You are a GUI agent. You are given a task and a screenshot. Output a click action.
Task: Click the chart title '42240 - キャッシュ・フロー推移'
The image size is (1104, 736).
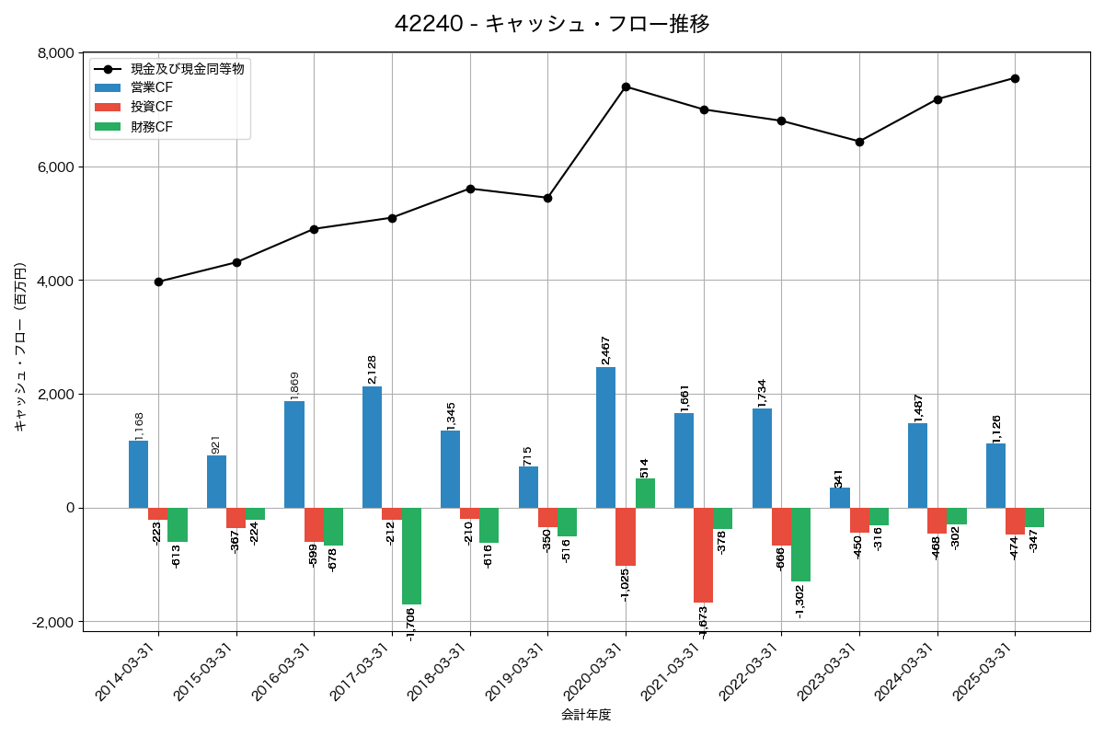tap(552, 24)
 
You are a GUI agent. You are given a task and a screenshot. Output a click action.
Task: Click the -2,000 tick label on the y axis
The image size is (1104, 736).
tap(52, 622)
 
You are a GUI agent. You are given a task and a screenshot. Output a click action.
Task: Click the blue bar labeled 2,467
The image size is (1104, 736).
tap(606, 437)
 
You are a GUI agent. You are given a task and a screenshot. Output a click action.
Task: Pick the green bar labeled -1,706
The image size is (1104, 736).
tap(411, 556)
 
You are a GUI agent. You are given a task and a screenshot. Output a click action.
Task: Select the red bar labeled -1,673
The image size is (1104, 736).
tap(704, 555)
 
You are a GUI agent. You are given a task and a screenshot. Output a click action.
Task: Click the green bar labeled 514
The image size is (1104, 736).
tap(645, 493)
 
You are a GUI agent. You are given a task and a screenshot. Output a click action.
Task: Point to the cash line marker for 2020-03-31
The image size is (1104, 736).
tap(626, 86)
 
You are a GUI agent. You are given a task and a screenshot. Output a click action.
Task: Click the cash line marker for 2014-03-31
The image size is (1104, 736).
tap(159, 282)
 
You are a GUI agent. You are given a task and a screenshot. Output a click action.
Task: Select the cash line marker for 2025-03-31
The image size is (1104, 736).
tap(1015, 78)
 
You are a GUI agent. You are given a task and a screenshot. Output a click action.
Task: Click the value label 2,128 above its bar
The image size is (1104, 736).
tap(373, 369)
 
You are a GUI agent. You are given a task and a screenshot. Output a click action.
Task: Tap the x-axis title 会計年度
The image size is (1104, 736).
tap(586, 715)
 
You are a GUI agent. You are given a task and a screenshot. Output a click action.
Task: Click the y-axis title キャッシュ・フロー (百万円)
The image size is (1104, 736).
tap(19, 347)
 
